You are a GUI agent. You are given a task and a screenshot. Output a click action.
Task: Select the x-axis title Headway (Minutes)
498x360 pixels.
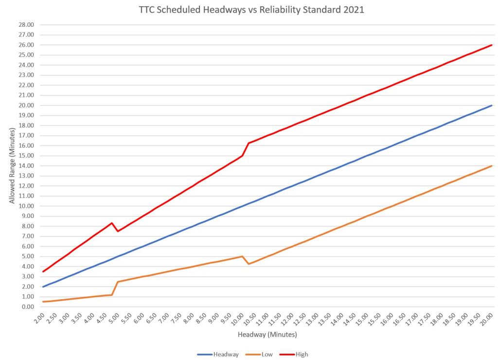click(267, 335)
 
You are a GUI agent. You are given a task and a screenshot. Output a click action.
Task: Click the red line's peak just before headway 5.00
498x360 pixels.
click(112, 223)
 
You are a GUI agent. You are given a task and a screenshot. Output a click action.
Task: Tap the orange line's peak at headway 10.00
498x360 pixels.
click(242, 256)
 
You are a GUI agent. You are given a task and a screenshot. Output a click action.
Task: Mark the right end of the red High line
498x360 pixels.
click(492, 45)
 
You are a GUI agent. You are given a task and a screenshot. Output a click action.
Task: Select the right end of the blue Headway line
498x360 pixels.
click(492, 105)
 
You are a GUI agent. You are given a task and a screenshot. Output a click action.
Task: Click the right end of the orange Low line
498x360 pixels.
click(492, 166)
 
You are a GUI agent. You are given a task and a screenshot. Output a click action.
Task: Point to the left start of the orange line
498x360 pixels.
click(43, 302)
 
